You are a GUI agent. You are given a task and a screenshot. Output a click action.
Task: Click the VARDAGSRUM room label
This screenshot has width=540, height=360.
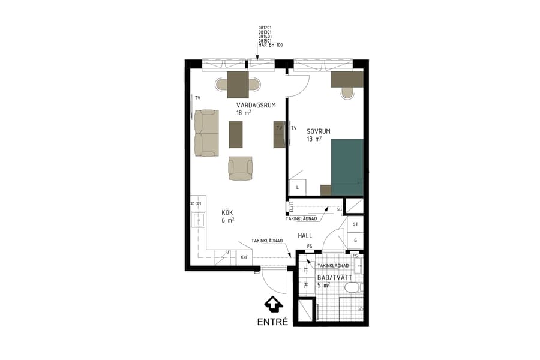click(256, 105)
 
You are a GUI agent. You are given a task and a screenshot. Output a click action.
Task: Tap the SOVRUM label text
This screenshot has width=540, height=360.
click(319, 130)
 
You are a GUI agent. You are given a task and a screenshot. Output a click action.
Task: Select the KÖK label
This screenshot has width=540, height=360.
click(227, 212)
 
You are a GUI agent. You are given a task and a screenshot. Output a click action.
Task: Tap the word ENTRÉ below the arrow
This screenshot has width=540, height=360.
click(273, 322)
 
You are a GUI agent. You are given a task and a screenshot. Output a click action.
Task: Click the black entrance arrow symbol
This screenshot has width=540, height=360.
click(273, 305)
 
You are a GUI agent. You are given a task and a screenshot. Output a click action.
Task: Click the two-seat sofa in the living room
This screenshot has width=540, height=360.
click(206, 133)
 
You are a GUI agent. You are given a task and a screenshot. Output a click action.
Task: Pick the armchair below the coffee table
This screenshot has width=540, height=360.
click(241, 168)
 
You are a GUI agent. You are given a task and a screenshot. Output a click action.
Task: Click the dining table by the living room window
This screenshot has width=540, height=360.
click(238, 84)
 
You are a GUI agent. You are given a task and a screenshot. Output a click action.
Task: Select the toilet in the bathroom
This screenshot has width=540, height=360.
click(354, 288)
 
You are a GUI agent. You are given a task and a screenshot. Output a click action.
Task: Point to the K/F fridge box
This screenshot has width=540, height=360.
click(244, 257)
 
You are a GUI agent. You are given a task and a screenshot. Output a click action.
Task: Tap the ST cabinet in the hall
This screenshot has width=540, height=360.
click(355, 224)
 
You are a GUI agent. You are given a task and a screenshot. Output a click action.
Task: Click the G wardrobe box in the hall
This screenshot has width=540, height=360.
click(355, 241)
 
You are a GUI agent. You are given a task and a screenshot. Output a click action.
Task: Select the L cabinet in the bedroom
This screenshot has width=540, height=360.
click(298, 187)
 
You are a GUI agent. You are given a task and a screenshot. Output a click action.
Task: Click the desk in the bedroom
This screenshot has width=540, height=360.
click(347, 79)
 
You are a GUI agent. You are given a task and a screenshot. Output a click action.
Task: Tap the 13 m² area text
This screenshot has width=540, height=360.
click(314, 139)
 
